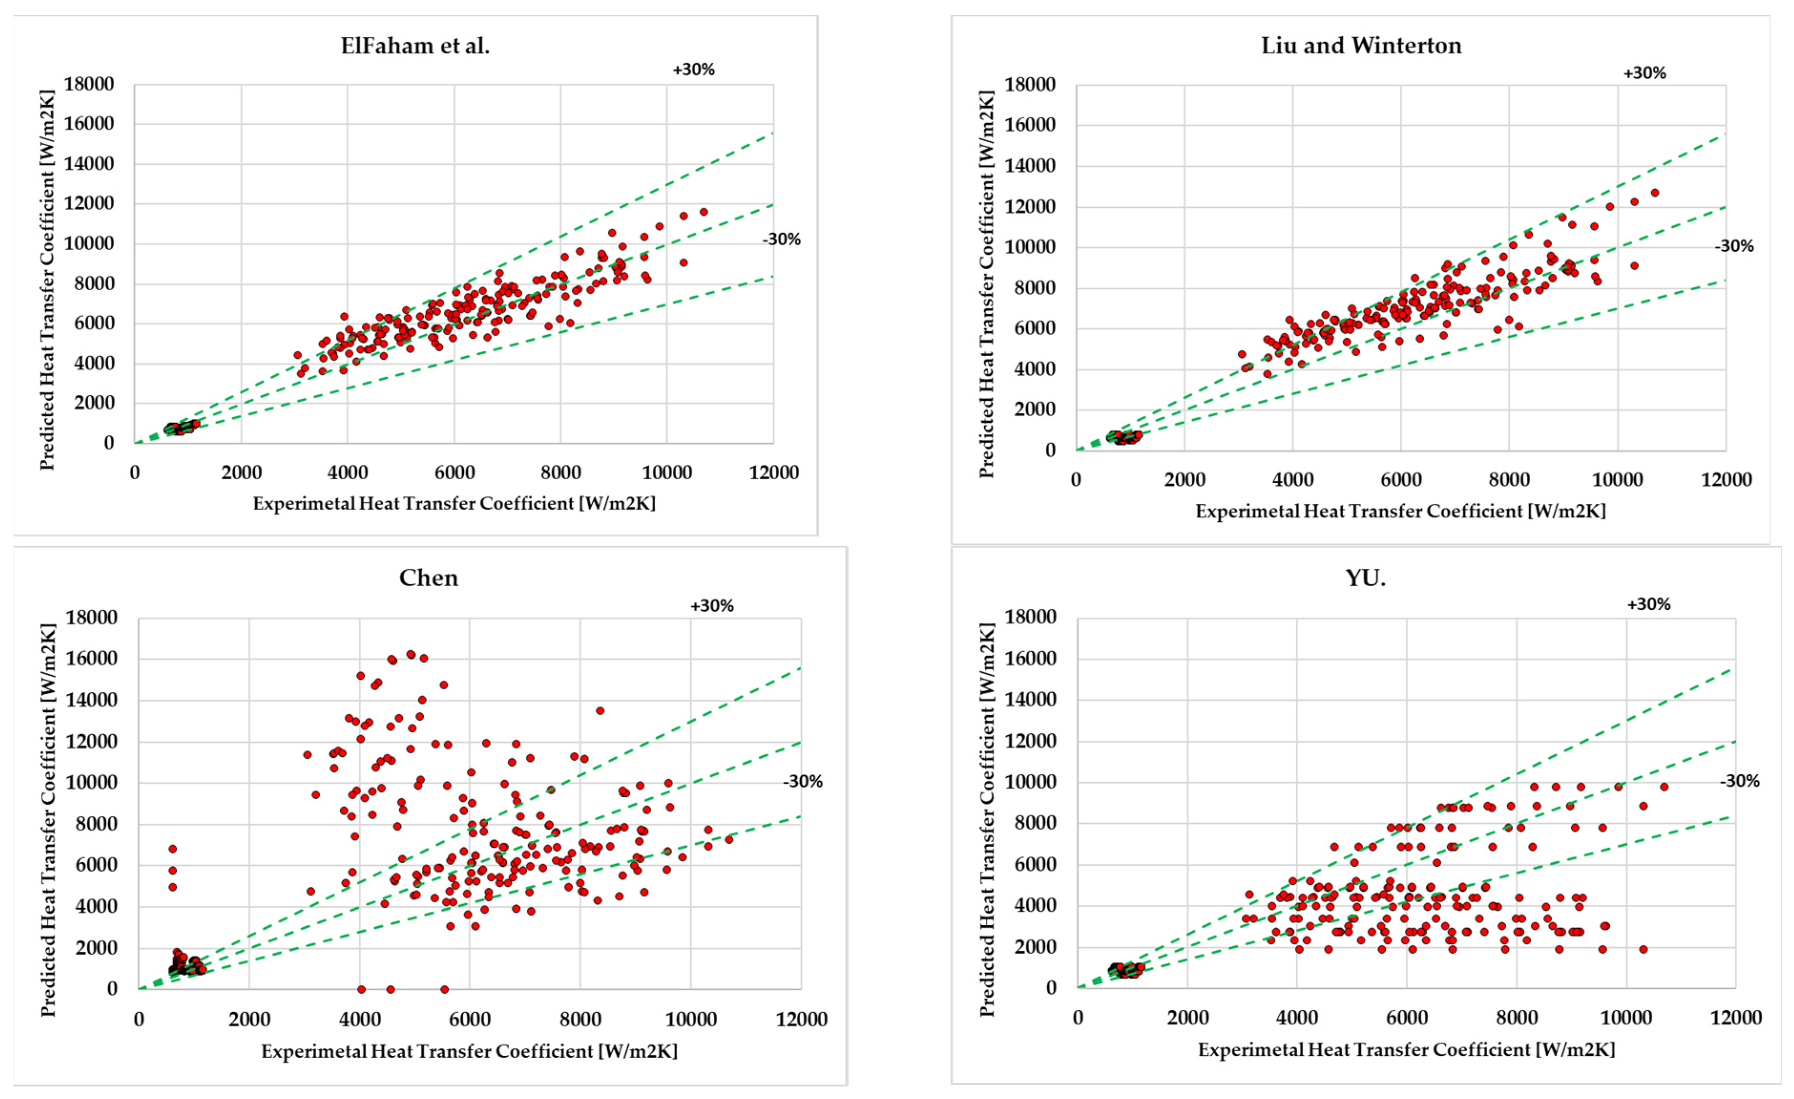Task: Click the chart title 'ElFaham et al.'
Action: point(415,46)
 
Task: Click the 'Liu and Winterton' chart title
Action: point(1361,46)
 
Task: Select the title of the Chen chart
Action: point(429,578)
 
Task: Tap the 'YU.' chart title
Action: point(1365,578)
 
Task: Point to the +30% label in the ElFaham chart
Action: point(693,70)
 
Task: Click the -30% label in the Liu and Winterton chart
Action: point(1733,246)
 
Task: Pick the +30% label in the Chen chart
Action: point(711,606)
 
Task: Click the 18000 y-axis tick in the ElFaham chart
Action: point(89,85)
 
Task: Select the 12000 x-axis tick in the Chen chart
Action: point(801,1019)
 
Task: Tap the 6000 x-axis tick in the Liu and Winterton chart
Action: point(1401,480)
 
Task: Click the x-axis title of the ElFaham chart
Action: point(454,503)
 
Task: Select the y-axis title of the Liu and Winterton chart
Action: point(987,284)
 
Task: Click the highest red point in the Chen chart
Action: point(411,654)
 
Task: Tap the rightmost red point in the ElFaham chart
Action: point(703,212)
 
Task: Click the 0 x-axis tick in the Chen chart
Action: point(138,1019)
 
